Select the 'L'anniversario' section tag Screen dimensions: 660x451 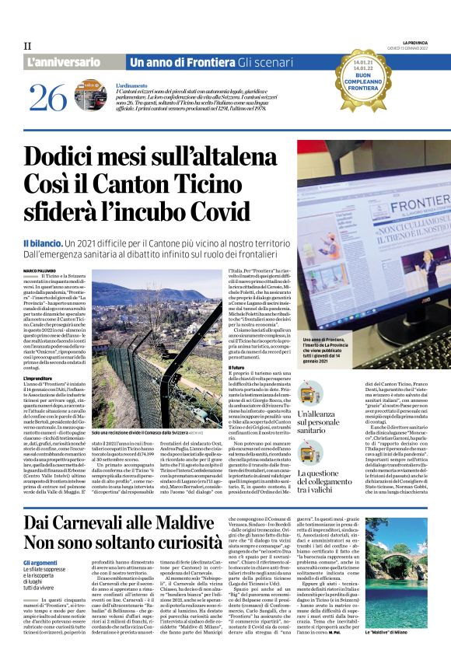pyautogui.click(x=64, y=61)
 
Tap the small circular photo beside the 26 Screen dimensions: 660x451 pyautogui.click(x=96, y=99)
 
